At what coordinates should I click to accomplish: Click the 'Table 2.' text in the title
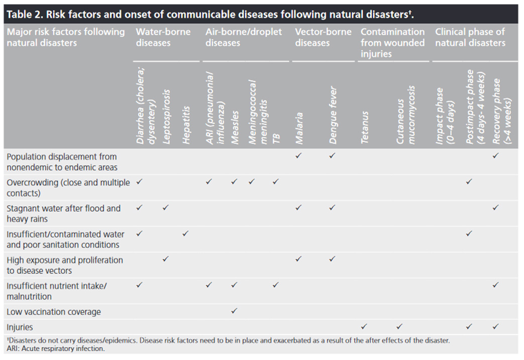(x=25, y=15)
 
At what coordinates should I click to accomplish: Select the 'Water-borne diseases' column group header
(x=163, y=37)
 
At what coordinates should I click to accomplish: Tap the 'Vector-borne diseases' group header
(x=323, y=37)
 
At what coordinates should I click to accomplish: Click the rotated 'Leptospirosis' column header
(x=166, y=117)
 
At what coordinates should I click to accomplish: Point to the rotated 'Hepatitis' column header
(x=186, y=125)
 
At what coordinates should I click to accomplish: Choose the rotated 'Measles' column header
(x=235, y=128)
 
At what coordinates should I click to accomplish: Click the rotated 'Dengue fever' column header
(x=333, y=116)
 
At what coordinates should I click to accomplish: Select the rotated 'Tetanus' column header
(x=364, y=128)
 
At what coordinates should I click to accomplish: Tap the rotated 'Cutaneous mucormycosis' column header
(x=405, y=115)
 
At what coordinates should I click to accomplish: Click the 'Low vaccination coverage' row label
(x=53, y=312)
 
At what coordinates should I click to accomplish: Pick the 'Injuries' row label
(x=20, y=327)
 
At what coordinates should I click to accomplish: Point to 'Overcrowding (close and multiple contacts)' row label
(x=68, y=188)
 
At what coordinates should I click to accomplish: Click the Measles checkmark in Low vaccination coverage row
(x=234, y=311)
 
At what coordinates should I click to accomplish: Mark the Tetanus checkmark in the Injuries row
(x=364, y=326)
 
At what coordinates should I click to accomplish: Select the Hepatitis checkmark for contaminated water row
(x=185, y=233)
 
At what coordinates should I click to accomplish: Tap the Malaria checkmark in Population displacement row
(x=298, y=155)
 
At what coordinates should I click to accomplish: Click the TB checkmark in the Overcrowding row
(x=275, y=182)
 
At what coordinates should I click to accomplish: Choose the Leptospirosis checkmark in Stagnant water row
(x=165, y=208)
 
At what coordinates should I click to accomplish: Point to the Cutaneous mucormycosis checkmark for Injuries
(x=399, y=326)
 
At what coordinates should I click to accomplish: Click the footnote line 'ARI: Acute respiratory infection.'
(x=55, y=348)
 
